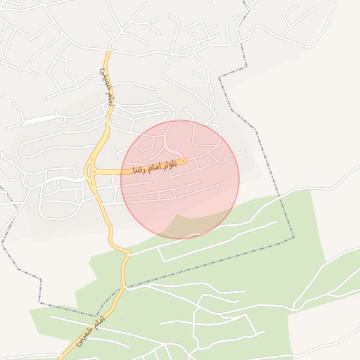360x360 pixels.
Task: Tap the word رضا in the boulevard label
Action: point(139,169)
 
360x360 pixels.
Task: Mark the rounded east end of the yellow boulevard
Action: point(184,162)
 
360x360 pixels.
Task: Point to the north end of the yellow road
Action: point(108,51)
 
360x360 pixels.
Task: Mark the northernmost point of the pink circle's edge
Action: point(180,120)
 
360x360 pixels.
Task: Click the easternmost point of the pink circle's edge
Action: point(239,179)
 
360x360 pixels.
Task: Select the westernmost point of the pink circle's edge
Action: point(121,179)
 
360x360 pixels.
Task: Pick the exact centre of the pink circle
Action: point(180,179)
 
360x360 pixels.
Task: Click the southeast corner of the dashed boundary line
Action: point(293,240)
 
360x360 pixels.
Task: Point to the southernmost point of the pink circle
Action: point(180,238)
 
